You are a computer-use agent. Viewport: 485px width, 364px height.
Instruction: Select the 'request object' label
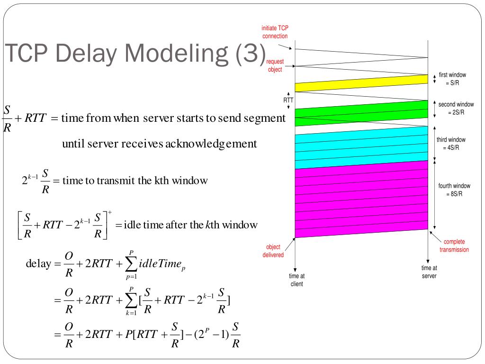[275, 65]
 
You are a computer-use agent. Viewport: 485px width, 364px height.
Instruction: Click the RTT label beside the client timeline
[288, 100]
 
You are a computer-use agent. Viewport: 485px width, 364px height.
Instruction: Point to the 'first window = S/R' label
[452, 79]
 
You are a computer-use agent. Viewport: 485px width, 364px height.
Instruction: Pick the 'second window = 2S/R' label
[456, 108]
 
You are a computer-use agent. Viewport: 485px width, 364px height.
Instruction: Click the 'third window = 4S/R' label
[451, 144]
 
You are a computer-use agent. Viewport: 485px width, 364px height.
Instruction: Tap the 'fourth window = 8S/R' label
[454, 190]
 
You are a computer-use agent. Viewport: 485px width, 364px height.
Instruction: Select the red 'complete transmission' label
[454, 246]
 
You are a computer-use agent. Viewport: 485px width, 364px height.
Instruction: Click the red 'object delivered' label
[274, 251]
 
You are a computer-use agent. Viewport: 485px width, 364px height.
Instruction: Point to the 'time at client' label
[296, 280]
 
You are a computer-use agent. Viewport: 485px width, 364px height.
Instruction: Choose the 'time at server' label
[429, 272]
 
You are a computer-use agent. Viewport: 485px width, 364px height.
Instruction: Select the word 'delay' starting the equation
[38, 264]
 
